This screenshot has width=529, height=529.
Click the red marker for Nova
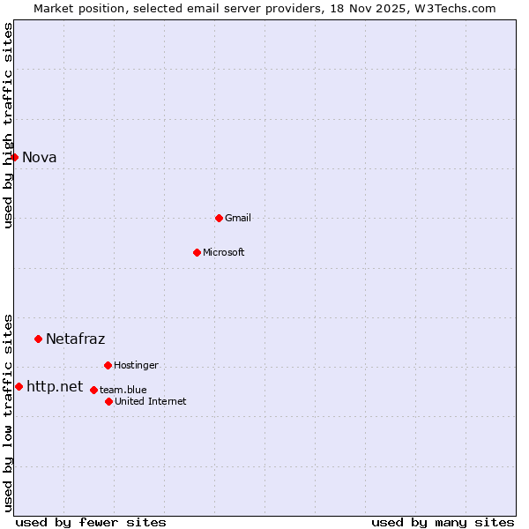[x=14, y=157]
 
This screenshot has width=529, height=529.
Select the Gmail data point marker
[x=219, y=218]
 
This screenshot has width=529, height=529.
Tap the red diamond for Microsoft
[x=197, y=252]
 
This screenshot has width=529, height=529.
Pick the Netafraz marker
[x=38, y=339]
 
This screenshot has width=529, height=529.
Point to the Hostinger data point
[x=108, y=365]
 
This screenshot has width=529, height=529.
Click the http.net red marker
[x=19, y=386]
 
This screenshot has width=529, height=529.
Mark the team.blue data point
[x=93, y=390]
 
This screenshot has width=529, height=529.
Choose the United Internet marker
[x=108, y=401]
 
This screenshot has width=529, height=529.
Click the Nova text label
[x=40, y=158]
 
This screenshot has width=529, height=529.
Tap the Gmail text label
[x=238, y=219]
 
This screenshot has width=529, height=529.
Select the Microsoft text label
[x=224, y=253]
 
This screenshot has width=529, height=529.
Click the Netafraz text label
[x=75, y=339]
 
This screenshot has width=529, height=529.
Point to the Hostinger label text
[x=136, y=366]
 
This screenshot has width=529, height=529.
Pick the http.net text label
[x=55, y=387]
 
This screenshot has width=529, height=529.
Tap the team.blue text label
[x=123, y=391]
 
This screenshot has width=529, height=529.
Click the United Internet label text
[x=151, y=402]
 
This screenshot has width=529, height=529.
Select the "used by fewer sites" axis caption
[x=91, y=522]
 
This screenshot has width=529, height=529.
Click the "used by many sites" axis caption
[x=443, y=522]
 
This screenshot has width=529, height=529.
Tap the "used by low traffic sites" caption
[x=8, y=413]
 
